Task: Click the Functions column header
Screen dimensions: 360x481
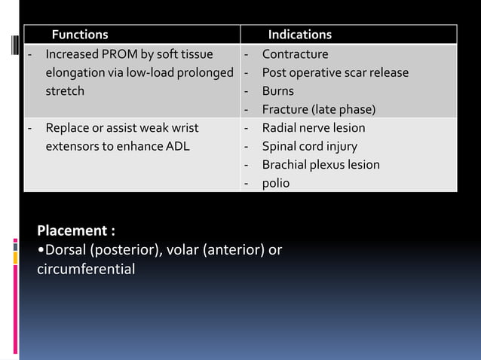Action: coord(79,35)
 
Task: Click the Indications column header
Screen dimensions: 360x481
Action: coord(299,35)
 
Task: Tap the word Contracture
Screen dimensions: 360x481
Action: coord(295,54)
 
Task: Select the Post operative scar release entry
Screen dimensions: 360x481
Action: coord(335,73)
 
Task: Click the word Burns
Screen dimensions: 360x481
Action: coord(277,91)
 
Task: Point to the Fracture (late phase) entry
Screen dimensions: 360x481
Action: coord(318,110)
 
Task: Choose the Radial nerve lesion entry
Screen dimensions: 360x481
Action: coord(313,128)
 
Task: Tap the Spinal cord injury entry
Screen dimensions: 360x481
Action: coord(309,146)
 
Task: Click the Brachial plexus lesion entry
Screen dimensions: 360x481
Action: coord(320,165)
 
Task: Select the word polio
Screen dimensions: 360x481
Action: coord(275,183)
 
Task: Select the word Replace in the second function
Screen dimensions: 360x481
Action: coord(67,128)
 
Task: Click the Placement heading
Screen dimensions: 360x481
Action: coord(76,230)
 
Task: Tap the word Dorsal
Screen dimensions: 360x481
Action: coord(66,250)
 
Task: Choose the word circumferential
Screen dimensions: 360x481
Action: coord(86,269)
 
